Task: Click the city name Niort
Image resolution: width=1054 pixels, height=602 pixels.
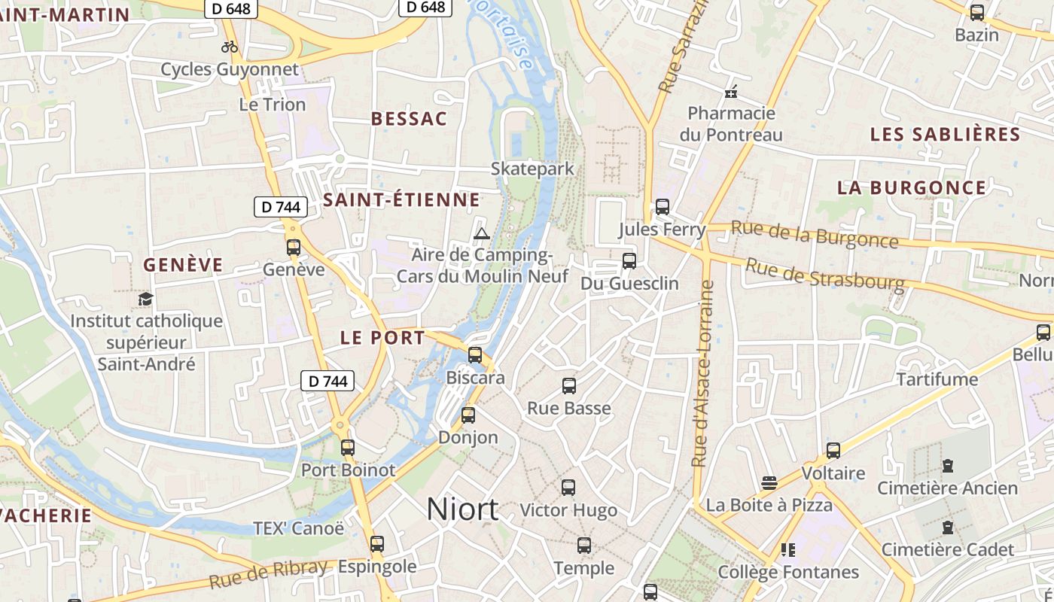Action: [x=462, y=509]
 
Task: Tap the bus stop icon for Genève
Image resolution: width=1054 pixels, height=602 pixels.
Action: [x=294, y=247]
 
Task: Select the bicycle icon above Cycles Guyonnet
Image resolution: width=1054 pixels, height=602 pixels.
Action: [x=230, y=47]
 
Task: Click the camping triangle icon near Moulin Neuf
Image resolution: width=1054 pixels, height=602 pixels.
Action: [x=482, y=233]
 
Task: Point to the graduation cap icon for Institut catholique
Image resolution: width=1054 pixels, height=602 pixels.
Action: [x=145, y=299]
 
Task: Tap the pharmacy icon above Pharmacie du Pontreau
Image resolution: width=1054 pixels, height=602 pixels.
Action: [x=730, y=93]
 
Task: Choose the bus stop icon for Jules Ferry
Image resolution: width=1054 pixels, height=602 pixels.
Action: [x=663, y=206]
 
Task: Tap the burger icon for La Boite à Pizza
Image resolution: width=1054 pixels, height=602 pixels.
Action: [x=769, y=482]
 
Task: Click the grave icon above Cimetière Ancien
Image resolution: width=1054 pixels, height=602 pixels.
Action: [x=948, y=466]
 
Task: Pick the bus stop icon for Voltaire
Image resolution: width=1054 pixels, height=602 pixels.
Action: [x=833, y=451]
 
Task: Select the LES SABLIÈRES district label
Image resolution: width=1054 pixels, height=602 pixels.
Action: [x=945, y=135]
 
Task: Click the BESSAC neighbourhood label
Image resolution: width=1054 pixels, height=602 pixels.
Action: [x=409, y=119]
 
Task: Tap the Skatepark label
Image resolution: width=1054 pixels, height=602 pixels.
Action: [x=532, y=169]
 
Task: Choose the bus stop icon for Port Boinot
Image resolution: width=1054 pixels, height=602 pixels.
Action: [x=347, y=448]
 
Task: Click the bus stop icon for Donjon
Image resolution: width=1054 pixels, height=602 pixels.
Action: [x=468, y=415]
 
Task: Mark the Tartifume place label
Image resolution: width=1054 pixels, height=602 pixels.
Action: [x=937, y=379]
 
